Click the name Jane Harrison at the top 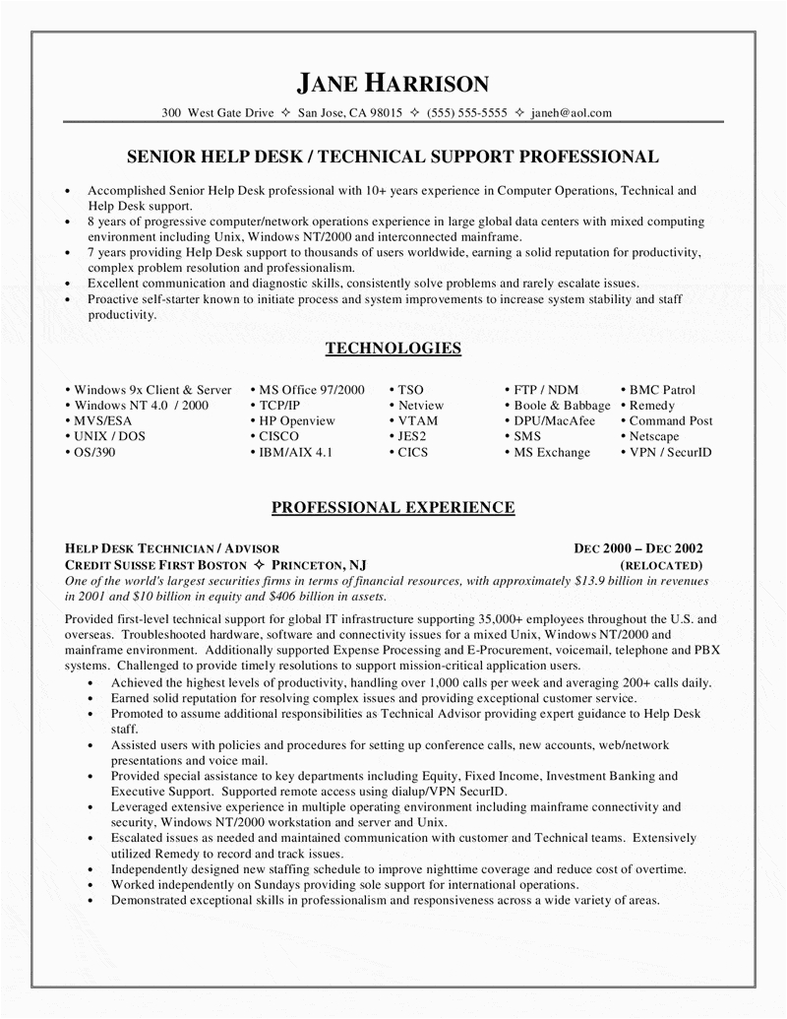tap(393, 82)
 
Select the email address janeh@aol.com tap(571, 112)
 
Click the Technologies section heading tap(393, 348)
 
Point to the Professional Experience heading tap(393, 507)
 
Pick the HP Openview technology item tap(296, 421)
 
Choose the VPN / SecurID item tap(670, 452)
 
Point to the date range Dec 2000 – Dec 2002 tap(638, 548)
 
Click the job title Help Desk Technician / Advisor tap(172, 548)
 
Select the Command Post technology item tap(671, 421)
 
